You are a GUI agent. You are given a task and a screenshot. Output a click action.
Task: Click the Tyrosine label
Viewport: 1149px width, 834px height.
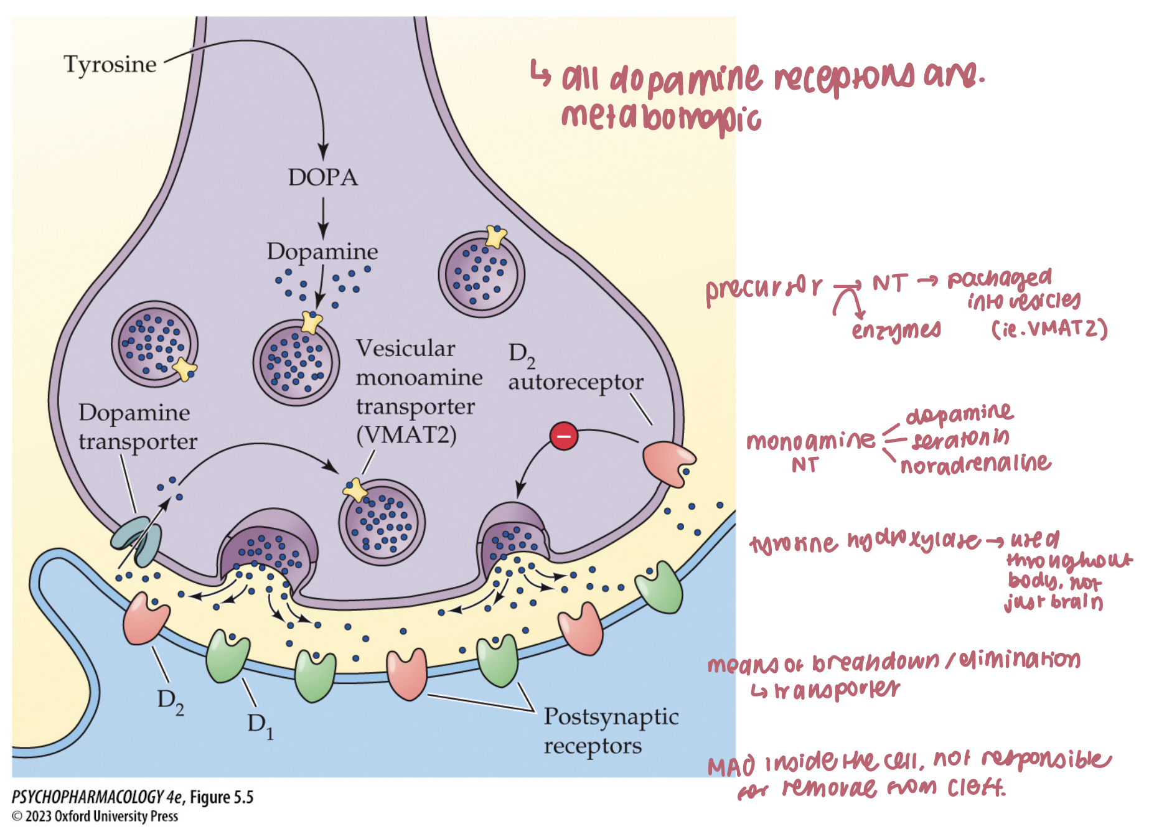click(x=110, y=64)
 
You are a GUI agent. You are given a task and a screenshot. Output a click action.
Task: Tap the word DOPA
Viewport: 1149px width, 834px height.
click(x=322, y=177)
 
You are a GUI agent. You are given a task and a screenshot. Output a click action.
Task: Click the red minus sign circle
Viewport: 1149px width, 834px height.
click(x=564, y=436)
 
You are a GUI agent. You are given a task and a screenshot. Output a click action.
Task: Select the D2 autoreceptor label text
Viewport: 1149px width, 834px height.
click(x=575, y=368)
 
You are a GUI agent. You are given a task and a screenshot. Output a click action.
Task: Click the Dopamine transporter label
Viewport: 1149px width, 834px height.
click(x=137, y=427)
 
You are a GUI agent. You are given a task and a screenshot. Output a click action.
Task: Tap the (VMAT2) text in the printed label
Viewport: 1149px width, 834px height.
click(x=406, y=434)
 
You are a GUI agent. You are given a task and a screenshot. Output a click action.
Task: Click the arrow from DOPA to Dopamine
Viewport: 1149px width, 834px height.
click(x=322, y=218)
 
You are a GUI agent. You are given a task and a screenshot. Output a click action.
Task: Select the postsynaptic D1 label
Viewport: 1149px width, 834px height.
click(x=260, y=725)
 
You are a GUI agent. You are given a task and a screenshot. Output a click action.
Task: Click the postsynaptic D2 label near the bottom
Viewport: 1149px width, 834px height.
click(x=170, y=701)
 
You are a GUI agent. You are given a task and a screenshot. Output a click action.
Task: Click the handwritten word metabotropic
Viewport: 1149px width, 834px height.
click(x=661, y=118)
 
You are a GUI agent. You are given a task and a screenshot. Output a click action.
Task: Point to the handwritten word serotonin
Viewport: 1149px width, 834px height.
click(x=960, y=439)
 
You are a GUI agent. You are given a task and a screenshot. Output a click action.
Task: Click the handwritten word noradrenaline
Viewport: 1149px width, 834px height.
click(x=975, y=464)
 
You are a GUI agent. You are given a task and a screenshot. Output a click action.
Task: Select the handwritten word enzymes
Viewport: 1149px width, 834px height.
click(x=896, y=330)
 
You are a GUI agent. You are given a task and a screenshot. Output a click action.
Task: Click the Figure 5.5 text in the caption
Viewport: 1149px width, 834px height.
click(x=222, y=797)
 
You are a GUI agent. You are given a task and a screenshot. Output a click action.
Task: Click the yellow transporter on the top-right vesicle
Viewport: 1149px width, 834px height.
click(x=496, y=236)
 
